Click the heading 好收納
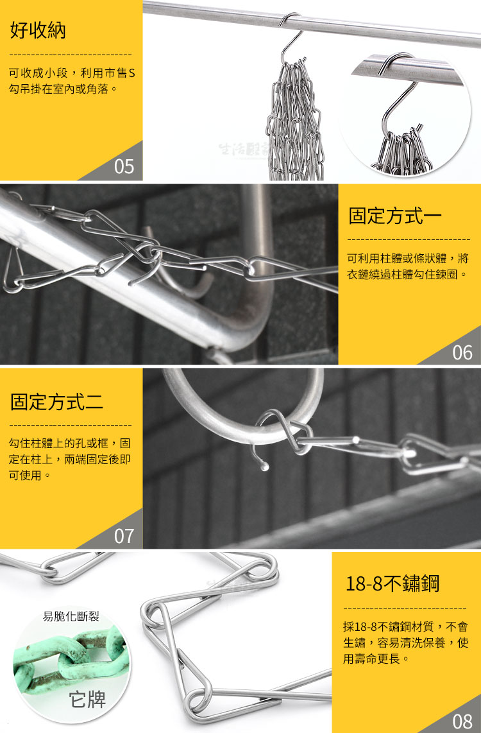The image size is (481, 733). pos(38,31)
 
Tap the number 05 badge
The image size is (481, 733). pos(124,166)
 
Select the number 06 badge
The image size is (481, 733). pos(462,352)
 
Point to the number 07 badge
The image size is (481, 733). pos(124,536)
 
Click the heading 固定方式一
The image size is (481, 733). pos(395,216)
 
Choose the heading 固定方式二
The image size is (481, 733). pos(56,402)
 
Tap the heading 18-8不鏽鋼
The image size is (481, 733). pos(392,583)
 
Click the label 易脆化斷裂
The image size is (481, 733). pos(71,617)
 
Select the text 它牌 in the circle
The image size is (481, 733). pos(87,700)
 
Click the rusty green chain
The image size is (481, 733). pos(70,659)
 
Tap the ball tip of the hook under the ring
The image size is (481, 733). pos(265,466)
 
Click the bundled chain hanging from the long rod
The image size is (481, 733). pos(294,121)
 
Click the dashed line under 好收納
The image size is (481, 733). pos(71,55)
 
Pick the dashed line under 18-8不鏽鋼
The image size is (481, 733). pos(405,608)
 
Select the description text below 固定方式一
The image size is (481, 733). pos(407,266)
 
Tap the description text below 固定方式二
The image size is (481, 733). pos(69,459)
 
